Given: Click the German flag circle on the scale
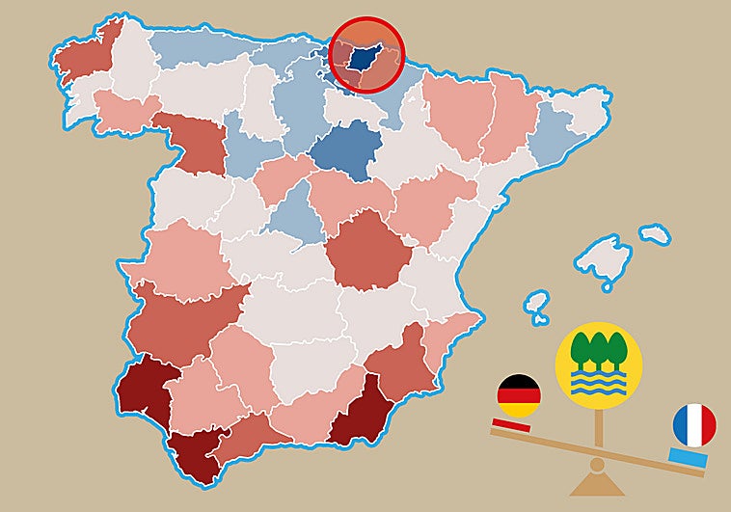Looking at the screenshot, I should point(518,396).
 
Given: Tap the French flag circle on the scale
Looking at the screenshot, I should point(693,425).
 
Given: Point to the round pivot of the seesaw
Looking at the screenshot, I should point(598,464).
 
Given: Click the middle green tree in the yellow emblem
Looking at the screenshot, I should point(598,350).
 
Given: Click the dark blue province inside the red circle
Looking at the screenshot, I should point(365,60).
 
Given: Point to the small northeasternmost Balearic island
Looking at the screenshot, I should point(655,234).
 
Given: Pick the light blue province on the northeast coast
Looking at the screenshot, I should point(553,136).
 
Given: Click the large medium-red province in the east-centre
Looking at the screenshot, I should point(368,250).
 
